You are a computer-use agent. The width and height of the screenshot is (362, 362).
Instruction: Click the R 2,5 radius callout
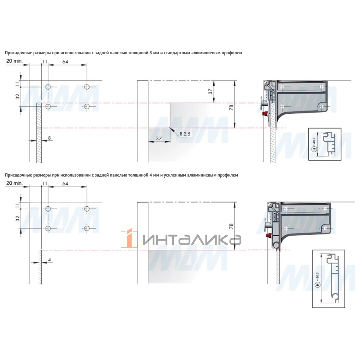(185, 134)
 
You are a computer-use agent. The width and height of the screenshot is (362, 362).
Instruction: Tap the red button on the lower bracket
(269, 236)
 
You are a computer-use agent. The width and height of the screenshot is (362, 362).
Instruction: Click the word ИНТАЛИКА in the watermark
(192, 240)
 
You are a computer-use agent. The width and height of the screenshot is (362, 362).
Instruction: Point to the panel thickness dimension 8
(49, 138)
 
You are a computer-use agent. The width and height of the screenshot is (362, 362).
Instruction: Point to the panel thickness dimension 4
(49, 260)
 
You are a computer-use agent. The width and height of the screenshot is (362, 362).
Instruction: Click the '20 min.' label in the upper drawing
(14, 61)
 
